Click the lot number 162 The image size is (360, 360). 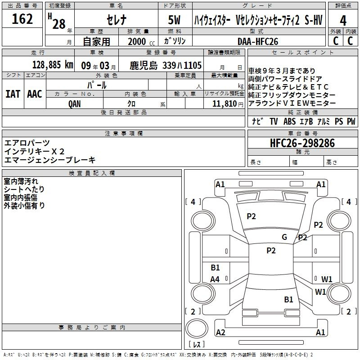[22, 19]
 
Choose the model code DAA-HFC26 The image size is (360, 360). [258, 41]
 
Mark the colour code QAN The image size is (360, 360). [75, 103]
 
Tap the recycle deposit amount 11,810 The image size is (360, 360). [224, 103]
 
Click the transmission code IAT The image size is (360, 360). [13, 94]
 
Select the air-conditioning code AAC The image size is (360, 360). [35, 94]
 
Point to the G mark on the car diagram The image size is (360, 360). [284, 237]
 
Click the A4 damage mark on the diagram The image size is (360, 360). [215, 279]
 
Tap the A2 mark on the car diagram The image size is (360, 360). [220, 333]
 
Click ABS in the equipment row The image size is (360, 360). [290, 121]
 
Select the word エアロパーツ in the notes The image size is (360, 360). [27, 143]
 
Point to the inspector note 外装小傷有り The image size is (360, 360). [24, 205]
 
